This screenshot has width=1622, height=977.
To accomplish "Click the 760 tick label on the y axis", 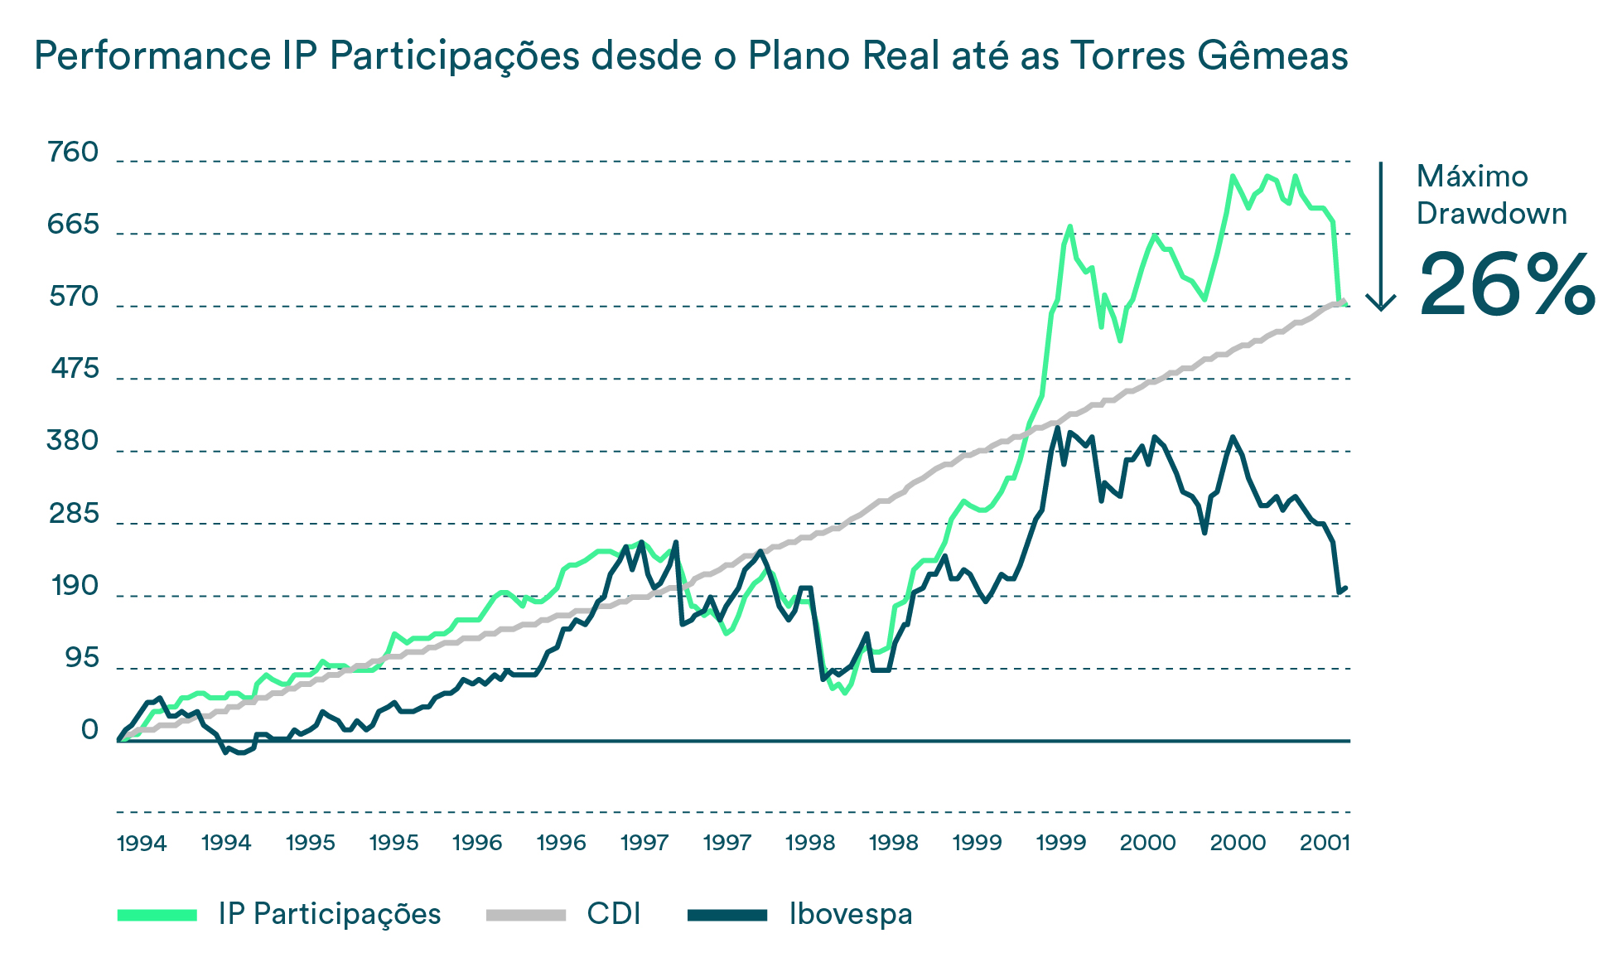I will pyautogui.click(x=73, y=152).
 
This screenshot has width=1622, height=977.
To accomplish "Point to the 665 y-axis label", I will pyautogui.click(x=73, y=225).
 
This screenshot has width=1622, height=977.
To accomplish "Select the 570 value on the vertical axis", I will pyautogui.click(x=73, y=297).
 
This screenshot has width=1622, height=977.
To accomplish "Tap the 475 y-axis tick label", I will pyautogui.click(x=75, y=369).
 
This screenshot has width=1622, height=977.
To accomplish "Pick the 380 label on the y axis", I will pyautogui.click(x=73, y=441).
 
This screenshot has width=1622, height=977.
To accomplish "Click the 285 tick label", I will pyautogui.click(x=74, y=514).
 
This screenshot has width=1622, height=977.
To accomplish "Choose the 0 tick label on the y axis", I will pyautogui.click(x=89, y=730).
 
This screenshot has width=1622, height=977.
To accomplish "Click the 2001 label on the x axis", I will pyautogui.click(x=1325, y=844).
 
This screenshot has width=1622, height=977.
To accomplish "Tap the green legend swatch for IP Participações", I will pyautogui.click(x=157, y=915).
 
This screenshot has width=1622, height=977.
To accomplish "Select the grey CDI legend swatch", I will pyautogui.click(x=525, y=915).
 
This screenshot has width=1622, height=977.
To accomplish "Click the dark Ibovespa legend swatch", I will pyautogui.click(x=727, y=915).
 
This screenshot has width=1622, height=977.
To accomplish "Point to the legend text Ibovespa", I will pyautogui.click(x=851, y=914).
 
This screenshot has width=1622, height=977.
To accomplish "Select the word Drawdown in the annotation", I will pyautogui.click(x=1491, y=214).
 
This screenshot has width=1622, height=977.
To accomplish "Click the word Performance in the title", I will pyautogui.click(x=152, y=56).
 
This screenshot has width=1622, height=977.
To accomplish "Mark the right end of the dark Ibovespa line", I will pyautogui.click(x=1345, y=588).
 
